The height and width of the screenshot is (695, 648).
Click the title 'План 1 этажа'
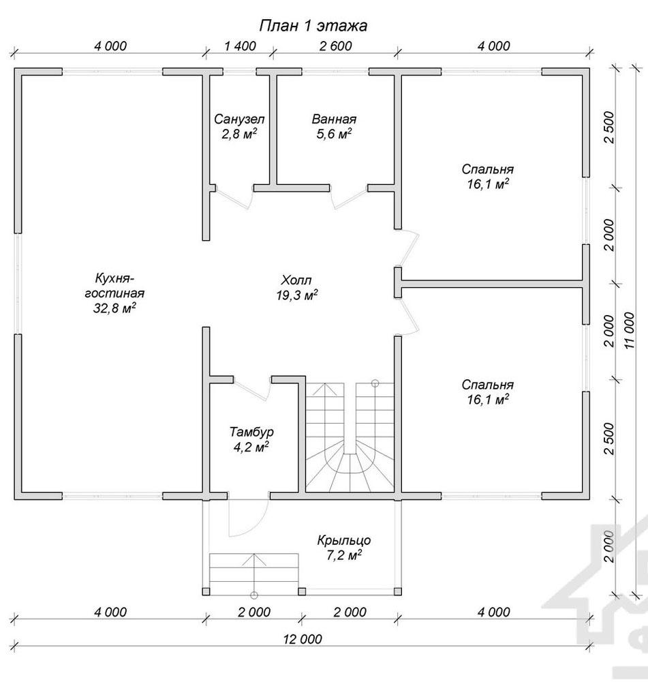pyautogui.click(x=313, y=26)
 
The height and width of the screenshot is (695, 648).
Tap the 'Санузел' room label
pyautogui.click(x=239, y=119)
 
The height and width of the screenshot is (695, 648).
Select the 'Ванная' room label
pyautogui.click(x=334, y=119)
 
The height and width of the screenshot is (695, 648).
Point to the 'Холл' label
pyautogui.click(x=296, y=280)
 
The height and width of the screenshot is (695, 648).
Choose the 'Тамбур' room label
pyautogui.click(x=251, y=432)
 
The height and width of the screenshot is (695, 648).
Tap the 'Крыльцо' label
pyautogui.click(x=343, y=541)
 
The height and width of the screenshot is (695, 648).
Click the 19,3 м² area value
pyautogui.click(x=296, y=295)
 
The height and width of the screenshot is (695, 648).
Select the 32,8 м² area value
pyautogui.click(x=114, y=308)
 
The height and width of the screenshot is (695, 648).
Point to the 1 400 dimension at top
pyautogui.click(x=240, y=46)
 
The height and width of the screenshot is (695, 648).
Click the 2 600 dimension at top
pyautogui.click(x=335, y=46)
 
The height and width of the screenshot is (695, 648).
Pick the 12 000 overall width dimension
pyautogui.click(x=303, y=639)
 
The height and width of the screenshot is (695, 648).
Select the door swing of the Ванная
pyautogui.click(x=350, y=198)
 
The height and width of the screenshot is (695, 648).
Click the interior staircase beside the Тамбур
pyautogui.click(x=350, y=437)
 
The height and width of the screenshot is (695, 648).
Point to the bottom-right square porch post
pyautogui.click(x=398, y=591)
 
